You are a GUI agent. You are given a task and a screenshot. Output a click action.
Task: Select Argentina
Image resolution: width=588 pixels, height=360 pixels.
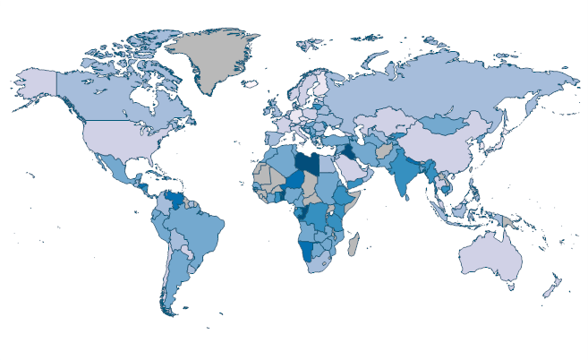[x=175, y=278]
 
